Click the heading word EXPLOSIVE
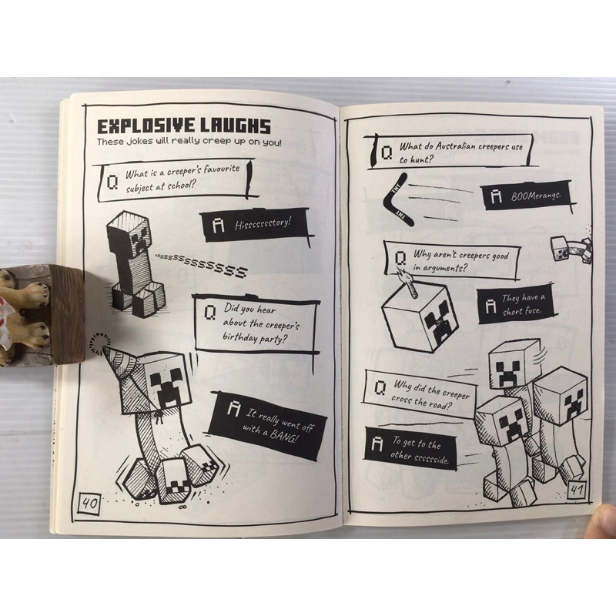tap(146, 127)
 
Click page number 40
tap(89, 503)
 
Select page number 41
tap(577, 490)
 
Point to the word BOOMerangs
tap(535, 196)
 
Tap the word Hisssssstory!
tap(263, 223)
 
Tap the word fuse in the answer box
tap(532, 312)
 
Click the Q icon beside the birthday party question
tap(210, 313)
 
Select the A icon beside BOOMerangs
tap(496, 196)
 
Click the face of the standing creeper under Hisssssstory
tap(140, 238)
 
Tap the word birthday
tap(239, 337)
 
